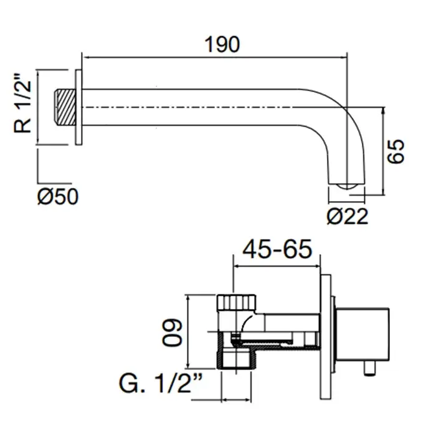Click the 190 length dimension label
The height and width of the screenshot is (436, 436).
tap(222, 44)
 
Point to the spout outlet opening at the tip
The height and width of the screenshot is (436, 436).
tap(344, 186)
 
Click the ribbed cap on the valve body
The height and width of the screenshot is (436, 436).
tap(236, 303)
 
